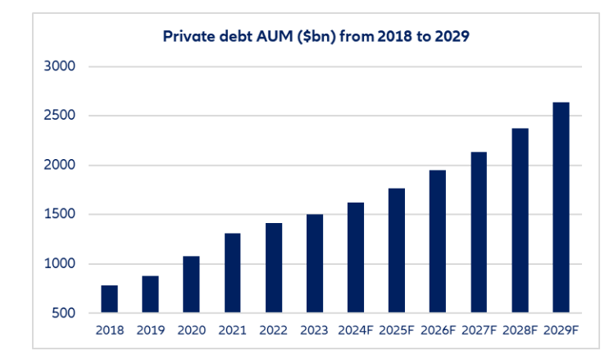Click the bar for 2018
(x=109, y=298)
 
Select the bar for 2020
(x=191, y=284)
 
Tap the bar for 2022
(x=273, y=267)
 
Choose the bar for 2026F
(x=438, y=241)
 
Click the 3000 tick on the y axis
(x=59, y=66)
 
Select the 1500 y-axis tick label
(x=59, y=215)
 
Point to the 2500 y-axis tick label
(x=59, y=116)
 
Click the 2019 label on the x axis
(x=150, y=330)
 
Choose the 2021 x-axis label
(x=232, y=330)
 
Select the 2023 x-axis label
(x=314, y=330)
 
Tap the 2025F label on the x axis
(x=397, y=330)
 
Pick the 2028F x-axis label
(x=520, y=330)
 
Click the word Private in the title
(x=184, y=37)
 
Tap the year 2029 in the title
(x=450, y=37)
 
